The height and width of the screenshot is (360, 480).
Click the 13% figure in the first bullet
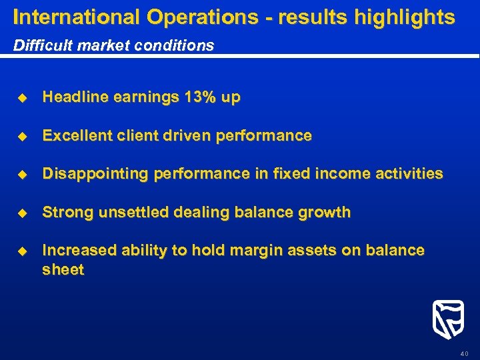pyautogui.click(x=200, y=97)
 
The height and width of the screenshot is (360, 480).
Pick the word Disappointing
pyautogui.click(x=95, y=174)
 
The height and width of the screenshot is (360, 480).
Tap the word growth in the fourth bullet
pyautogui.click(x=326, y=213)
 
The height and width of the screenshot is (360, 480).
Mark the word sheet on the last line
pyautogui.click(x=63, y=270)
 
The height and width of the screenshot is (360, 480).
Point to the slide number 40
pyautogui.click(x=464, y=353)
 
